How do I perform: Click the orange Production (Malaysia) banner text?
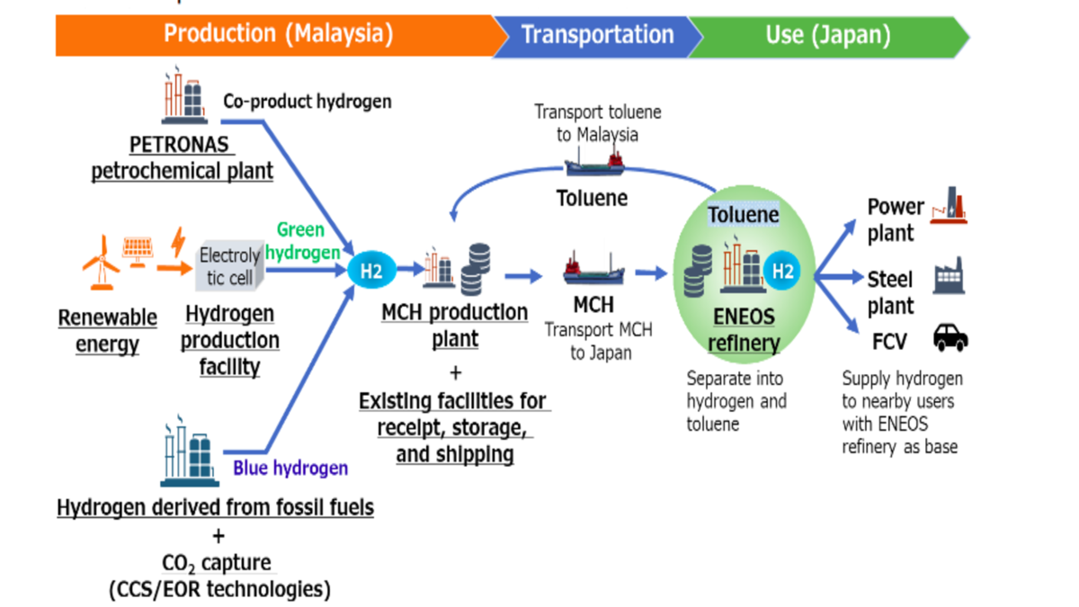click(x=278, y=35)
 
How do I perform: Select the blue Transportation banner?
click(x=597, y=35)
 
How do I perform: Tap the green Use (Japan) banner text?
click(x=827, y=35)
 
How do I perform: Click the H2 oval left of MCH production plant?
click(x=371, y=269)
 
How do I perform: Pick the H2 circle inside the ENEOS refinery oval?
click(x=782, y=270)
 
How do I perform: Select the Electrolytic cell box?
click(x=230, y=267)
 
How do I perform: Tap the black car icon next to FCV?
click(x=950, y=338)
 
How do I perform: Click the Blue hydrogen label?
click(x=290, y=468)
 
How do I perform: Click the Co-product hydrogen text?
click(x=308, y=102)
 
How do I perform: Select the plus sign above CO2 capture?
click(x=218, y=536)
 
